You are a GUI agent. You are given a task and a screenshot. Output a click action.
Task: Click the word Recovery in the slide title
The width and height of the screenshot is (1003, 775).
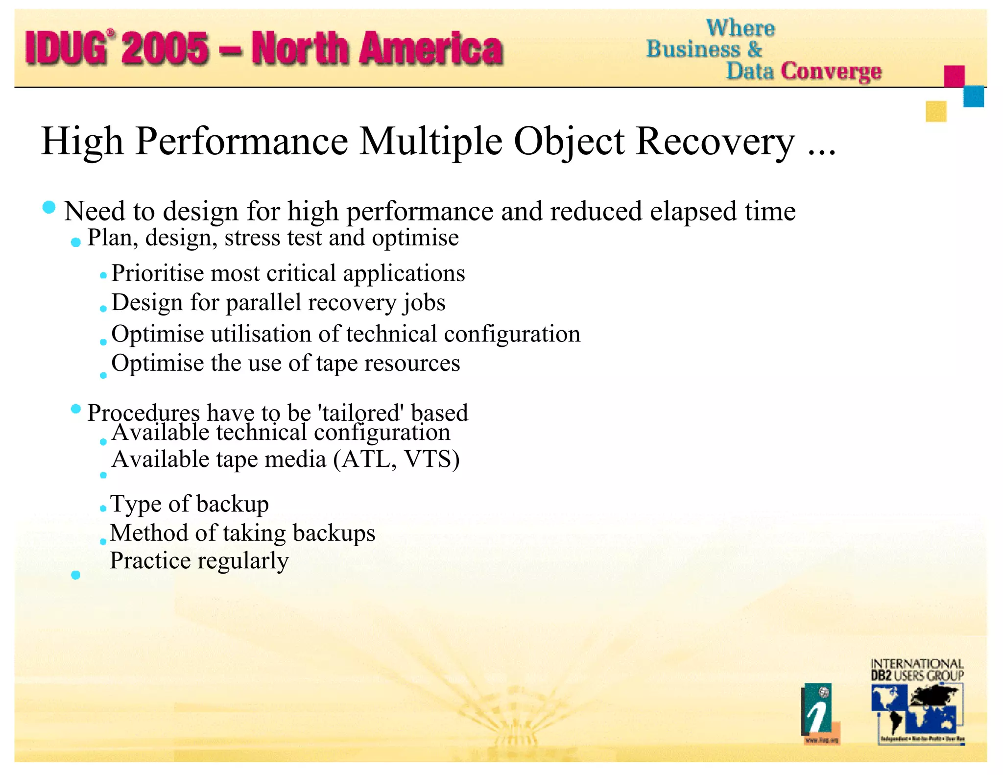click(715, 142)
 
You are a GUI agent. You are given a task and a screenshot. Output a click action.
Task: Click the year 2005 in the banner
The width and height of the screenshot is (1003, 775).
click(166, 48)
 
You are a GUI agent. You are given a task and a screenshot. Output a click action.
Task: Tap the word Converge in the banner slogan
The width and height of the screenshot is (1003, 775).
click(831, 72)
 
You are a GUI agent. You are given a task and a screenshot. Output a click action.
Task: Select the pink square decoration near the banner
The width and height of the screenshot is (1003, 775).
click(954, 76)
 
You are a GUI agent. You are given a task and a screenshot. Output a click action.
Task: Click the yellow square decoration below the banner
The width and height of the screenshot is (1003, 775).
click(936, 111)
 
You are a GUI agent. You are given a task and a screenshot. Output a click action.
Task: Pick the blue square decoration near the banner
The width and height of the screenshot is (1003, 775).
click(974, 97)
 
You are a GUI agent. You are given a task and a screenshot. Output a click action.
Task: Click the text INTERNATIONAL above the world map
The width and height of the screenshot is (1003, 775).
click(917, 664)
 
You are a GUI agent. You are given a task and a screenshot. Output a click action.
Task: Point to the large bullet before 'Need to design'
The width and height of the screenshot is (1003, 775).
click(49, 207)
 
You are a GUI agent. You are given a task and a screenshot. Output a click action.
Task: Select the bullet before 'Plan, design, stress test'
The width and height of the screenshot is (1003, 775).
click(76, 242)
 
